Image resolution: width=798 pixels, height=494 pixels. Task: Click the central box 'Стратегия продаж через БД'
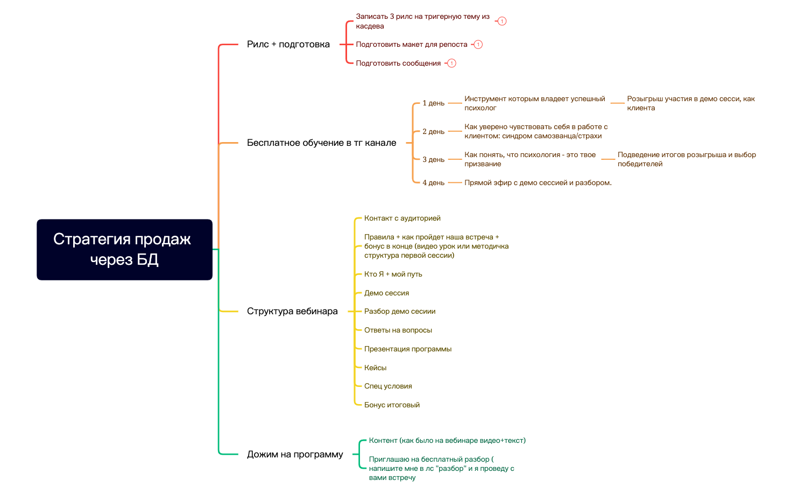(124, 249)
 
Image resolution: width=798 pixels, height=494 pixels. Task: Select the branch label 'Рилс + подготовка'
(288, 44)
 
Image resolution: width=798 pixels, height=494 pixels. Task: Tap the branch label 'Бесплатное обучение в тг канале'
(321, 143)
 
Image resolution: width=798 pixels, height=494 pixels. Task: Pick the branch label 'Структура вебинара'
(292, 311)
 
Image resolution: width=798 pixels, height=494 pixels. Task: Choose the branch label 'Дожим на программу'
(295, 454)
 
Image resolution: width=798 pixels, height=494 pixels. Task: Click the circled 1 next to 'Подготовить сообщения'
(451, 63)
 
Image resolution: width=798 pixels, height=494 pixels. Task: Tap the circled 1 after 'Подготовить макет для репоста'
(478, 45)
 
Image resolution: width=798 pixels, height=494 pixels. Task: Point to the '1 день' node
(433, 103)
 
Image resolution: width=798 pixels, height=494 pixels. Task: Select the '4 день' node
(433, 183)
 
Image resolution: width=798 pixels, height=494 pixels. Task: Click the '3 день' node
(433, 160)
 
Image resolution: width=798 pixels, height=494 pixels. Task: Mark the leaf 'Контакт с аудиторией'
(402, 218)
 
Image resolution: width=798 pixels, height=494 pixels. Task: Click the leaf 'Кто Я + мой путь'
(393, 274)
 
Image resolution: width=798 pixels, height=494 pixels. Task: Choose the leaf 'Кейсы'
(375, 368)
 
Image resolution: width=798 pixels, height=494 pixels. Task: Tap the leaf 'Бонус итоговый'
(392, 405)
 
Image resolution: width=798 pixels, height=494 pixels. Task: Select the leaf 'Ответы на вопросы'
(398, 330)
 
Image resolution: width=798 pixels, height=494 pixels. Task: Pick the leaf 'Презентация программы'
(407, 349)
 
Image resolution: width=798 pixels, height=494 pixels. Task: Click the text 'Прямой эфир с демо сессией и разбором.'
(538, 183)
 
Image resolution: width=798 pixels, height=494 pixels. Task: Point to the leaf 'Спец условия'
(388, 386)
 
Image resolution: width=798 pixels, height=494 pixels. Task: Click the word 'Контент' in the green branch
(383, 441)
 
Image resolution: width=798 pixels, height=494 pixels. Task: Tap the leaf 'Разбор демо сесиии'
(400, 311)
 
